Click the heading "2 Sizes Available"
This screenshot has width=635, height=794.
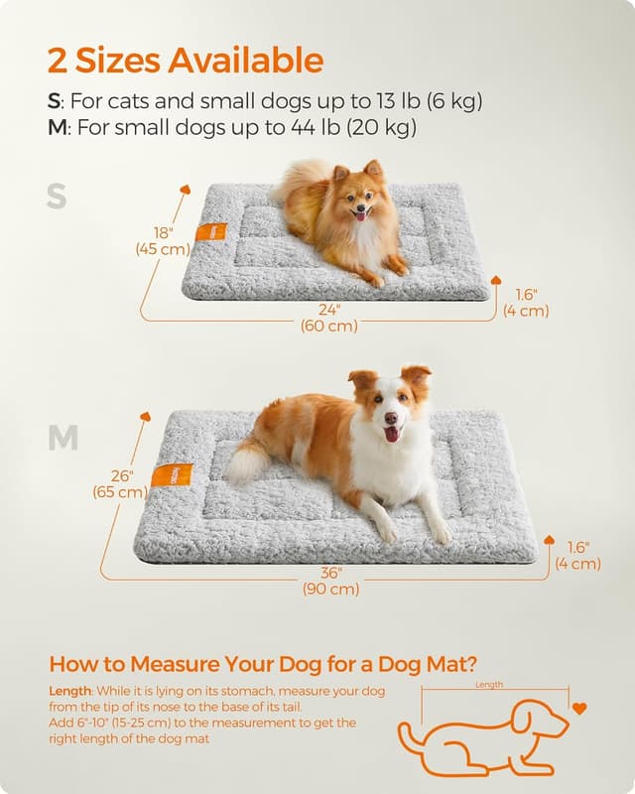point(186,61)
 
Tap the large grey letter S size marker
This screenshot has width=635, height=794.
point(57,197)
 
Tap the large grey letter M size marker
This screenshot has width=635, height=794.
point(62,438)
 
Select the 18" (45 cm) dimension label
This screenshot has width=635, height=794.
point(162,241)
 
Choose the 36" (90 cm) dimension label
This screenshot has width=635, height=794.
point(331,581)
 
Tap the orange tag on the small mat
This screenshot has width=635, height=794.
point(210,232)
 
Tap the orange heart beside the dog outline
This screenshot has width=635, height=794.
point(579,709)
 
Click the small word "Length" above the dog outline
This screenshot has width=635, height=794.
point(489,684)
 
